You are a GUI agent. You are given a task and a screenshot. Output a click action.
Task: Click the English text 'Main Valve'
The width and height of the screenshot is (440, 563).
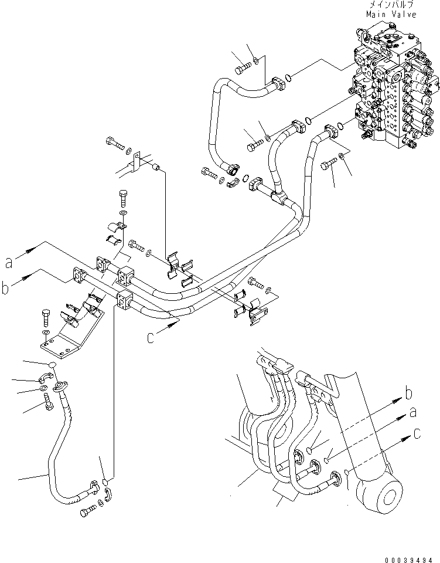[x=391, y=15]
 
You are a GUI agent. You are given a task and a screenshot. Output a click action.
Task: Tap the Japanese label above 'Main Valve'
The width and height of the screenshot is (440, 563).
[x=391, y=5]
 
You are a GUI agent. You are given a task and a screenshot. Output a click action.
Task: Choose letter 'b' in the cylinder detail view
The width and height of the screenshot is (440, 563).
[x=411, y=394]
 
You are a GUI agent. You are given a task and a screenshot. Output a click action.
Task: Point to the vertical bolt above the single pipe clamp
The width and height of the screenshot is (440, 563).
[x=123, y=196]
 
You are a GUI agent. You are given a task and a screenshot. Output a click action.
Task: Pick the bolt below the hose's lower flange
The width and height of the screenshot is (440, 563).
[x=86, y=512]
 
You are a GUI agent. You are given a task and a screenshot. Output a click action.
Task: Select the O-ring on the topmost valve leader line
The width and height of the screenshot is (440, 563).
[x=289, y=76]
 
